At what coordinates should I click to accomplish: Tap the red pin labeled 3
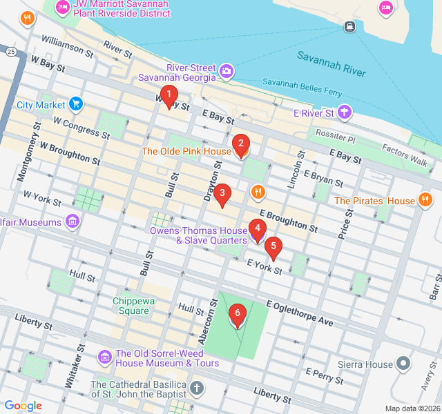click(x=221, y=195)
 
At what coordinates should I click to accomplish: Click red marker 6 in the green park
click(x=238, y=315)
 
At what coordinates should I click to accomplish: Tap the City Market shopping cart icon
click(x=76, y=105)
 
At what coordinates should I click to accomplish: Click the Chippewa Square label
click(x=131, y=306)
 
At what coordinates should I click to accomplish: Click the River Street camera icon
click(x=226, y=70)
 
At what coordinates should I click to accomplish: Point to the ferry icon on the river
click(x=349, y=27)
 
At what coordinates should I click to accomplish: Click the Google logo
click(x=23, y=406)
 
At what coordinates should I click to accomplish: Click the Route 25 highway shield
click(x=11, y=52)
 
